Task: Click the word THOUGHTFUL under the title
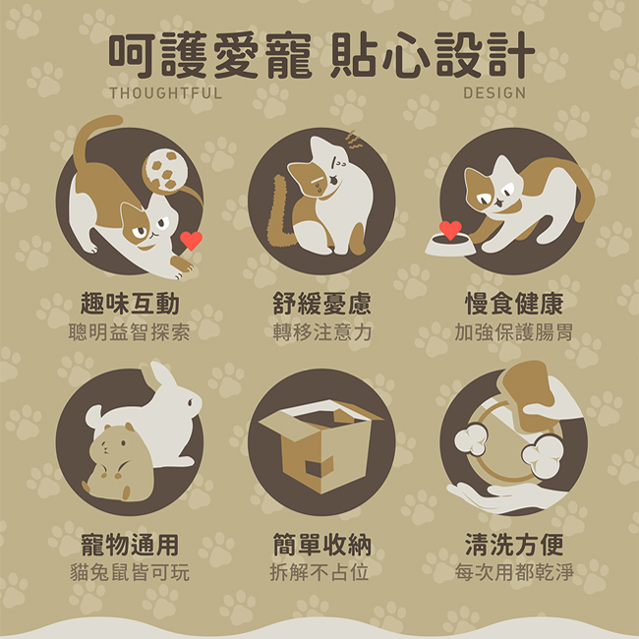pos(166,93)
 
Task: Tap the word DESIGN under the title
pos(494,93)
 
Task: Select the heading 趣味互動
pos(130,304)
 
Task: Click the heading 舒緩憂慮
pos(321,304)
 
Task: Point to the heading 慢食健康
pos(514,304)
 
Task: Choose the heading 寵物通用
pos(130,545)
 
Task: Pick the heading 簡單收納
pos(321,545)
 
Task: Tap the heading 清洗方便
pos(514,545)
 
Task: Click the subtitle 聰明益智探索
pos(129,332)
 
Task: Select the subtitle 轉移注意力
pos(321,332)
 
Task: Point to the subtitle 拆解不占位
pos(319,572)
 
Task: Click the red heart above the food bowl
pos(450,230)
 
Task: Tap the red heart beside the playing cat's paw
pos(191,241)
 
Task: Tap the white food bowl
pos(449,246)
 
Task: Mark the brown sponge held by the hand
pos(527,394)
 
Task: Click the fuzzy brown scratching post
pos(279,212)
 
